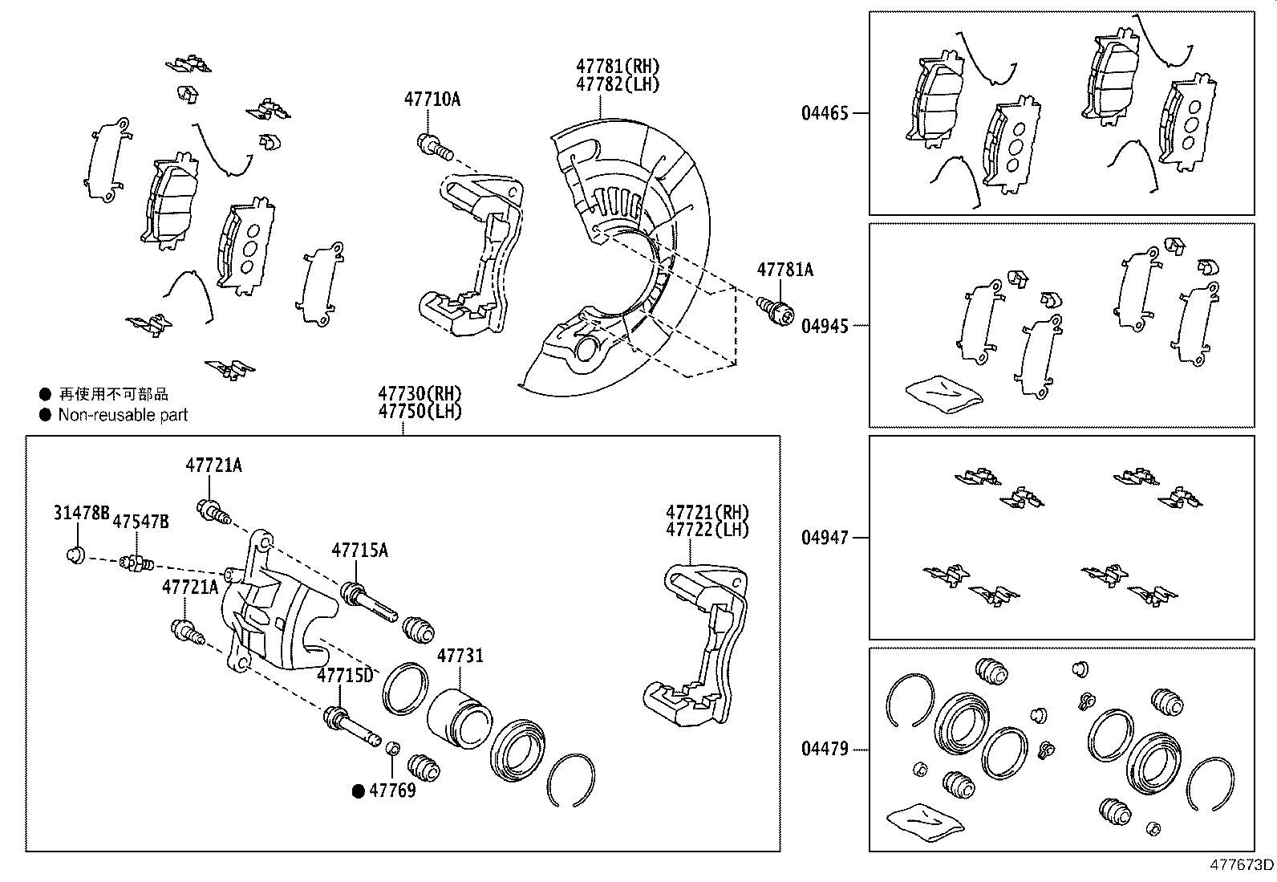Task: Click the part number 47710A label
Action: tap(432, 100)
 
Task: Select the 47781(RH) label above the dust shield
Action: tap(617, 66)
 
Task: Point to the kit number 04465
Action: tap(824, 113)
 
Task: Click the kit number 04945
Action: tap(824, 326)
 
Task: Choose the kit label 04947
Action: tap(824, 538)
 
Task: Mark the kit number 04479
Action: tap(824, 750)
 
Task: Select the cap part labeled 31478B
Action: tap(75, 555)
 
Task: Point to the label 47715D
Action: tap(345, 675)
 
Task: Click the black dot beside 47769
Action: tap(359, 791)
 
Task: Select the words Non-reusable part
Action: tap(123, 415)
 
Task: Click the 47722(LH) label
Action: tap(706, 530)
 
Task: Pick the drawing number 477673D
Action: tap(1241, 864)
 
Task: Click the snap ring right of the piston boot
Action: tap(571, 778)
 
